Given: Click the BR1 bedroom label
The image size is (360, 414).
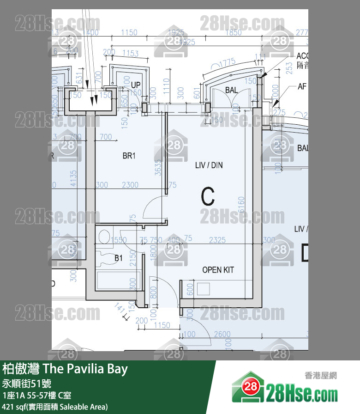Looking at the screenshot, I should click(129, 156).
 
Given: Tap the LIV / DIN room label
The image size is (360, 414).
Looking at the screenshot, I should click(209, 165).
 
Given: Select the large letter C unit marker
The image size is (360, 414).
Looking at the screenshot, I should click(208, 197).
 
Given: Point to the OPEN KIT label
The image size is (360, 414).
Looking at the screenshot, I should click(218, 270).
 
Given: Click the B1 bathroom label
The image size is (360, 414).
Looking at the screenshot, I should click(119, 259).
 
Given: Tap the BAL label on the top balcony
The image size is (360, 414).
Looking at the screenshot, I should click(232, 90).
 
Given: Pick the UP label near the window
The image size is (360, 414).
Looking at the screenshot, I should click(136, 85).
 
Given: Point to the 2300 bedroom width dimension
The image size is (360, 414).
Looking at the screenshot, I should click(130, 185).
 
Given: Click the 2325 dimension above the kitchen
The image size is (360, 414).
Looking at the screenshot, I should click(217, 239).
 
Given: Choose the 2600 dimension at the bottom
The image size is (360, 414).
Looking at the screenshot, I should click(222, 334).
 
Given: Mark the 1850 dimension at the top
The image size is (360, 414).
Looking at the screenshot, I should click(234, 33).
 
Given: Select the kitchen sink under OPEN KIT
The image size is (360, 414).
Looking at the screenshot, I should click(203, 289).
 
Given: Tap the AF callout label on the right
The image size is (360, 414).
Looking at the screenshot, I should click(302, 86).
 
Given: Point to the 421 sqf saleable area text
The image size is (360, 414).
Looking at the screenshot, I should click(55, 407).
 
